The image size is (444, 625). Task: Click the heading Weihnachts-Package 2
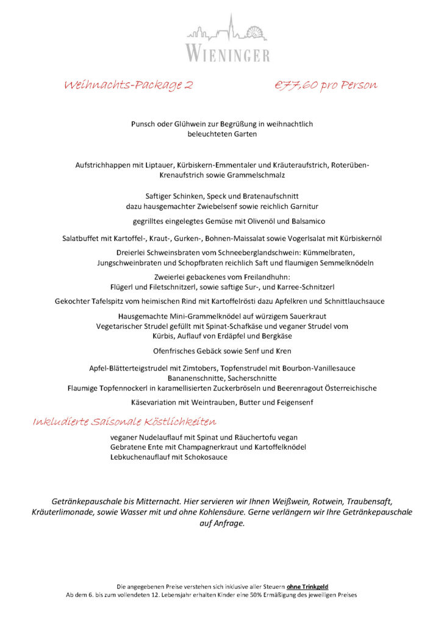click(128, 85)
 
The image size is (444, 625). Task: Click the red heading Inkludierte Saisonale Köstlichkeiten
click(124, 422)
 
